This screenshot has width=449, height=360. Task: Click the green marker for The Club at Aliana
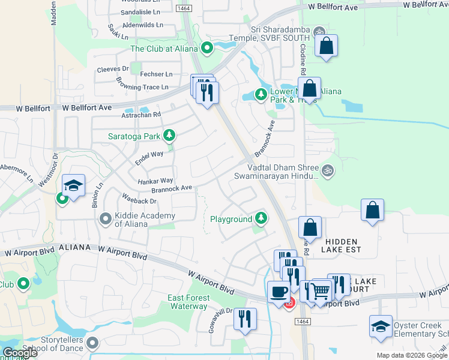[x=208, y=47]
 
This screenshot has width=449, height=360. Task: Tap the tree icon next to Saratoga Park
[x=170, y=135]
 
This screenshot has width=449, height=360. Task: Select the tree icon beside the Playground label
[x=261, y=217]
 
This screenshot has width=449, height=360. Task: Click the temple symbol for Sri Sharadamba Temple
[x=319, y=32]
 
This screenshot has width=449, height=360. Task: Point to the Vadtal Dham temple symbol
[x=327, y=171]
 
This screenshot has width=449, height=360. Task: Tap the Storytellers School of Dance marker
[x=92, y=343]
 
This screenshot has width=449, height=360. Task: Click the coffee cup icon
[x=278, y=292]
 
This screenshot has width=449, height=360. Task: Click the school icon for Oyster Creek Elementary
[x=381, y=326]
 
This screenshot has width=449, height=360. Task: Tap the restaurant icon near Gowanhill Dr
[x=245, y=319]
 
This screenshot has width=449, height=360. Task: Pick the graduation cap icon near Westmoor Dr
[x=73, y=185]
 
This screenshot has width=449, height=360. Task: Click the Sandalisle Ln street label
[x=140, y=11]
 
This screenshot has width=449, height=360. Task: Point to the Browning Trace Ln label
[x=142, y=87]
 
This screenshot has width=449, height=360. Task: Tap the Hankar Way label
[x=155, y=181]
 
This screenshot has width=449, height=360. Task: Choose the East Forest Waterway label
[x=188, y=302]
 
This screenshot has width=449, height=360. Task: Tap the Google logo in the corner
[x=20, y=353]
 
